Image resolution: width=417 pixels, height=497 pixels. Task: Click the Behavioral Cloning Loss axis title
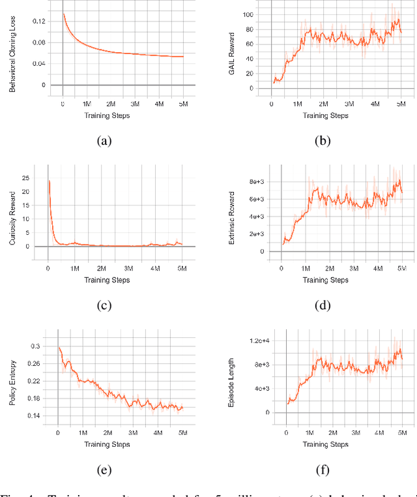pyautogui.click(x=12, y=55)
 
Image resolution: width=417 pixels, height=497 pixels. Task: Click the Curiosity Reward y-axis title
pyautogui.click(x=12, y=214)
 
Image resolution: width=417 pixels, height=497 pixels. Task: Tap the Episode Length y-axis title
pyautogui.click(x=232, y=378)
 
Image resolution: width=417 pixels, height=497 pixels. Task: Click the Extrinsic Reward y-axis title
pyautogui.click(x=232, y=214)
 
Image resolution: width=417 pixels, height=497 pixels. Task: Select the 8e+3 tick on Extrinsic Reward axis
pyautogui.click(x=257, y=182)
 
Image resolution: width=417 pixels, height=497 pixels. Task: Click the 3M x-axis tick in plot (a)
pyautogui.click(x=136, y=104)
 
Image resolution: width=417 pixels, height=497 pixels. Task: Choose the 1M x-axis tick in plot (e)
pyautogui.click(x=83, y=432)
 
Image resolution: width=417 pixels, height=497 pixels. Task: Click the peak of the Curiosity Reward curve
pyautogui.click(x=50, y=181)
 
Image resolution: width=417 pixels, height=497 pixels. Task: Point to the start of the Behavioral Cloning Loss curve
pyautogui.click(x=63, y=13)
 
